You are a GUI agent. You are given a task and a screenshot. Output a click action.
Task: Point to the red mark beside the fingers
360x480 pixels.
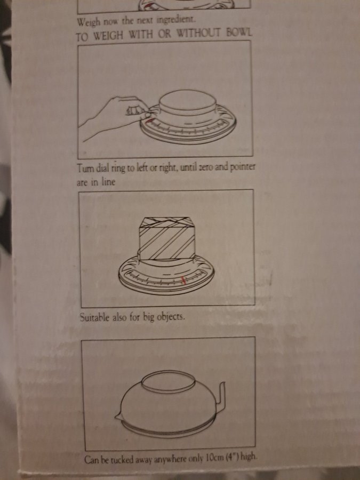click(150, 121)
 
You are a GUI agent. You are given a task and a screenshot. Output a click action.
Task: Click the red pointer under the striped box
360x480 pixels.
click(183, 280)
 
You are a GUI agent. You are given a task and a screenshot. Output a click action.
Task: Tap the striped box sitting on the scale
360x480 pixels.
click(167, 239)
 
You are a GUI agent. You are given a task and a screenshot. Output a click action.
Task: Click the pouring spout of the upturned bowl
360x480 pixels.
click(118, 416)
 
